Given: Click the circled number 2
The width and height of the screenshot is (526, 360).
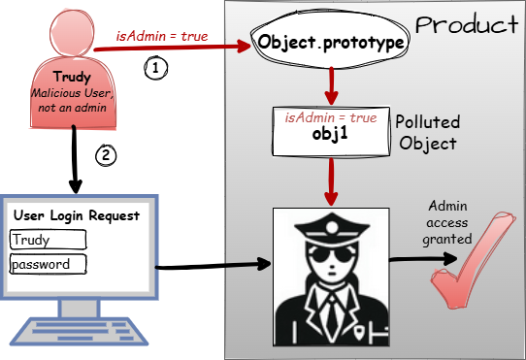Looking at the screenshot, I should (109, 153).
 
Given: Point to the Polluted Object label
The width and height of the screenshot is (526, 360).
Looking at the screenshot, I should (428, 133).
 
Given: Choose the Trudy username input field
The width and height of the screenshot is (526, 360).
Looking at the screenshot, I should (48, 240).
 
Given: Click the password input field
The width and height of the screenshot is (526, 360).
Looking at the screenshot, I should (48, 263).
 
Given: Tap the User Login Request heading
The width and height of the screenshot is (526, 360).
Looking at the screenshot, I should (76, 215).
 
